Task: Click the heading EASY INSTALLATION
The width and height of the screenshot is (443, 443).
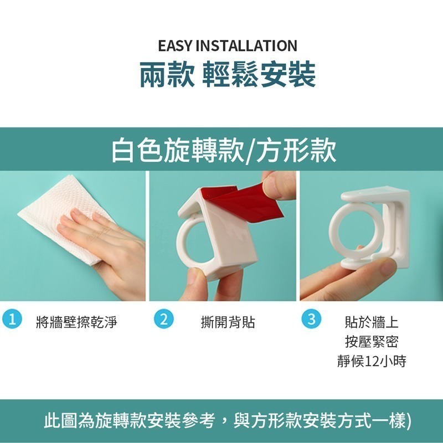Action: click(228, 46)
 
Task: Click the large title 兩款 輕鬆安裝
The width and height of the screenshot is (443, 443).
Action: click(228, 75)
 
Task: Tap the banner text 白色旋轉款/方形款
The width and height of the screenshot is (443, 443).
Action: click(224, 150)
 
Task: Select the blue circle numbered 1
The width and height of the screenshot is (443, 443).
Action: click(12, 319)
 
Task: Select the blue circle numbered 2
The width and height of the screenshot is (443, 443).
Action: click(164, 319)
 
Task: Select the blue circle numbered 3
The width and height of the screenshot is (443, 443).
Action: click(311, 319)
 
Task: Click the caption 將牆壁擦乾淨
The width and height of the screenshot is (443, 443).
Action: click(76, 322)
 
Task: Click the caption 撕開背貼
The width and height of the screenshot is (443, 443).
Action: click(228, 322)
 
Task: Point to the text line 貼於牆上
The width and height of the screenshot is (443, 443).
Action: click(372, 322)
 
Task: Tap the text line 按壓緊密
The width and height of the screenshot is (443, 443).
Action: click(372, 342)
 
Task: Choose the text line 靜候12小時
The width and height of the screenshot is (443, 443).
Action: click(372, 361)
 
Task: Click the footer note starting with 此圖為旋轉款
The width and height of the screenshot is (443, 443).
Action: click(228, 421)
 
